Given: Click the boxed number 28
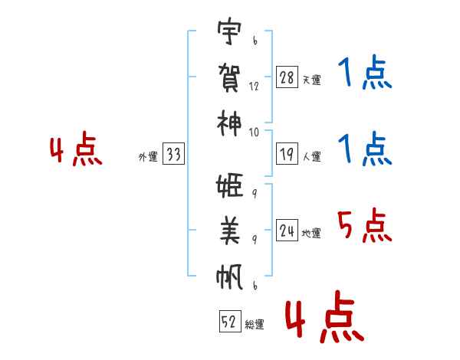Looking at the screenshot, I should [287, 77].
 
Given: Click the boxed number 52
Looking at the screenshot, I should [229, 322].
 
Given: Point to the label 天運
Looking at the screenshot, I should [311, 80].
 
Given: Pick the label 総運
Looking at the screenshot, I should [255, 324].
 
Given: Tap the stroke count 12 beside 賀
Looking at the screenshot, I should [254, 86].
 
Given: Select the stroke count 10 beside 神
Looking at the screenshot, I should [254, 132].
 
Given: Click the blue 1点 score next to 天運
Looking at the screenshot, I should [365, 74].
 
